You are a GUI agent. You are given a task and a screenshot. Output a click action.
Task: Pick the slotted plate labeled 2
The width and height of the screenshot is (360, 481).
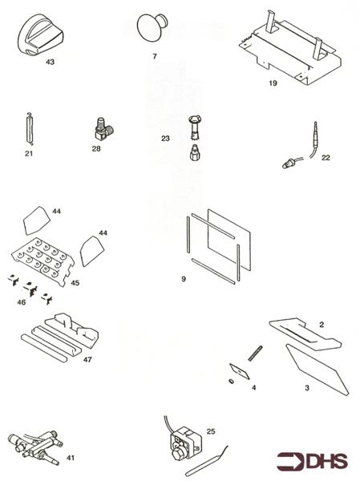point(305,333)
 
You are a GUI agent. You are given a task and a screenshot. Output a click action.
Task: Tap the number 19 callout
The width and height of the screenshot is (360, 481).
point(273,82)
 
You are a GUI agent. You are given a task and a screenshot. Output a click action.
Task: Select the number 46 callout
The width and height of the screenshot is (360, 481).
point(21,302)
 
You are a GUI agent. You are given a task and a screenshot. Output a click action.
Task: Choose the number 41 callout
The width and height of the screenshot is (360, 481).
point(70,457)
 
